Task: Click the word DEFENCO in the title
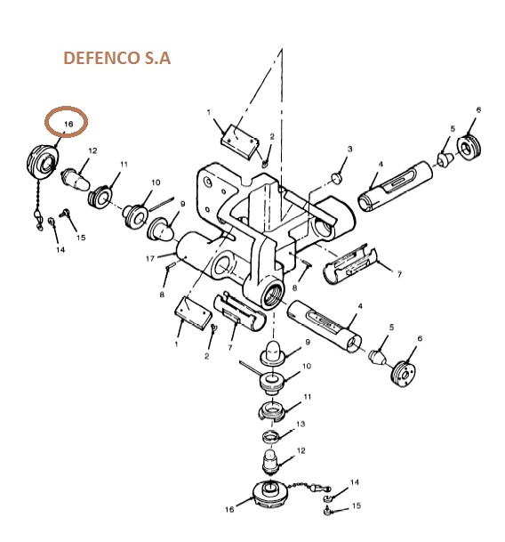[101, 58]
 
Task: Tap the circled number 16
[68, 124]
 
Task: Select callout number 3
[349, 149]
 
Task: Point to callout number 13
[301, 424]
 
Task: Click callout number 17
[150, 259]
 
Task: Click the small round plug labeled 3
[336, 178]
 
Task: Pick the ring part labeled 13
[270, 437]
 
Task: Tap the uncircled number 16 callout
[229, 509]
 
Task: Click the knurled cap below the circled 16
[43, 162]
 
